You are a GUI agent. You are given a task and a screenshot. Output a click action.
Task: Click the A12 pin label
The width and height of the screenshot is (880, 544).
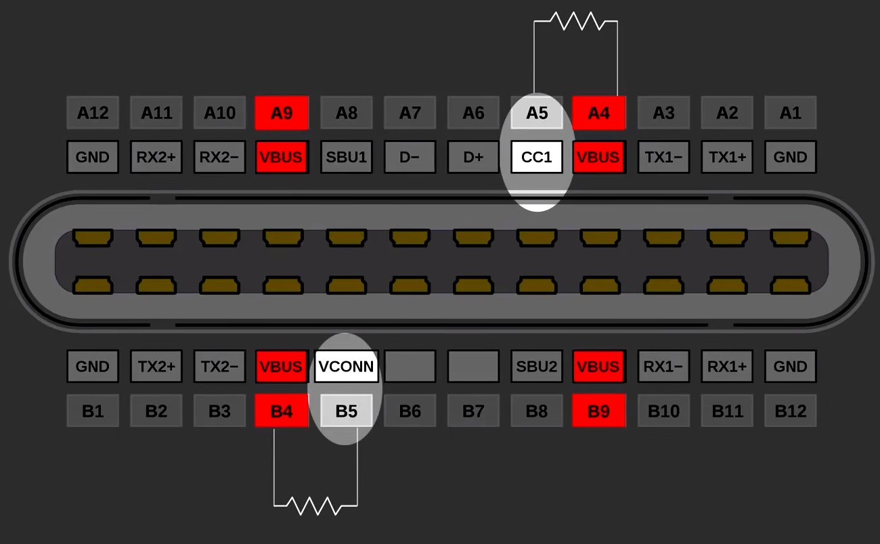pos(93,112)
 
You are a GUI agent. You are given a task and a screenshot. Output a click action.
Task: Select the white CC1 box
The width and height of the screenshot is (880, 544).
pos(537,157)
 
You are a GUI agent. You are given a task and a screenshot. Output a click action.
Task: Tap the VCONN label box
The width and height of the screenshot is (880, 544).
pos(346,366)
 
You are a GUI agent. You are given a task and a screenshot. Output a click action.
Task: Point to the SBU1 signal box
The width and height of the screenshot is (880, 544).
pos(346,157)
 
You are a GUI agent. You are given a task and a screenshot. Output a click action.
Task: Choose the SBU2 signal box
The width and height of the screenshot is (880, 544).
pos(537,366)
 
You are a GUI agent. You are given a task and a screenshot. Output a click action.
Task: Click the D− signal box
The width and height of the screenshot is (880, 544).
pos(410,157)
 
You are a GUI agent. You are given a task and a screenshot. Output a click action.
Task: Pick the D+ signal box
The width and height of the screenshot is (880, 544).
pos(473,157)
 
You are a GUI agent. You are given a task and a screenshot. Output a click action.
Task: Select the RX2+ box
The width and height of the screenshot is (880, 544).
pos(156,157)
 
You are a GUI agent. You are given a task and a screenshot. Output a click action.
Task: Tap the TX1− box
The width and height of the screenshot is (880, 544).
pos(663,157)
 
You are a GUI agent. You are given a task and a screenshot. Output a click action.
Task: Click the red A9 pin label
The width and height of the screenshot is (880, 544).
pos(282,112)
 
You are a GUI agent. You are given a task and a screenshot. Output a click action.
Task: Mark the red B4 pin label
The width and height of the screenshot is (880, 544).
pos(282,411)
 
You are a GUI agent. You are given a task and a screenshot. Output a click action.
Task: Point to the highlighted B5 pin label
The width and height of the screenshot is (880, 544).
pos(346,411)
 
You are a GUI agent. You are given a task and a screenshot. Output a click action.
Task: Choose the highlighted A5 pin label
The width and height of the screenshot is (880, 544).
pos(537,112)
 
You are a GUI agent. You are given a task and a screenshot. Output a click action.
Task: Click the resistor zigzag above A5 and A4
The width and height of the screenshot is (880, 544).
pos(577,21)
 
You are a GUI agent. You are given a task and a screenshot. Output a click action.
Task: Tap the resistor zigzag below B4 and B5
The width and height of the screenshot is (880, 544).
pos(315,505)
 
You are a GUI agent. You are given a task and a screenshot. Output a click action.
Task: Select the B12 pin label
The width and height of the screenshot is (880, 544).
pos(790,411)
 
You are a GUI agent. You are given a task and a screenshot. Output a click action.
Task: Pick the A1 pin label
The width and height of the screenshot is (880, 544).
pos(790,112)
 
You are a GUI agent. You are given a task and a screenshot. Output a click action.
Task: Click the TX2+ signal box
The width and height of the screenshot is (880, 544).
pos(156,366)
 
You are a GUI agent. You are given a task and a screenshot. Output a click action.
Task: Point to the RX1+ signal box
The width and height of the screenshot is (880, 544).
pos(727,366)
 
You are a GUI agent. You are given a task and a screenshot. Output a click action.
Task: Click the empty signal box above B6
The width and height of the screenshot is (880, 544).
pos(410,366)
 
